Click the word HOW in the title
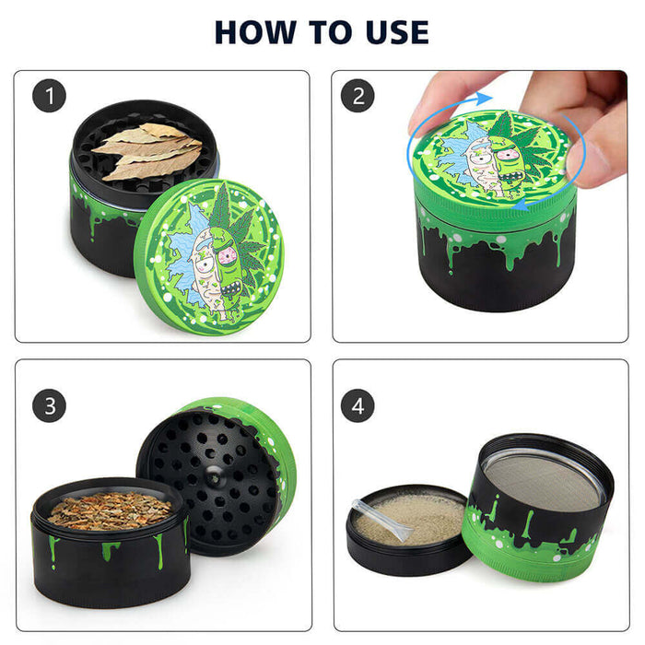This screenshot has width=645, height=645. pos(255,32)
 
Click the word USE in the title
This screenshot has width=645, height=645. pos(397,32)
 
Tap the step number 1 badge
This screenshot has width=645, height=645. pos(50,96)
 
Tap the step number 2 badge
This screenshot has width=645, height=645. pos(358,96)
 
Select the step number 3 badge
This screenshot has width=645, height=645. pos(50,405)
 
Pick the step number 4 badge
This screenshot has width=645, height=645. pos(358,405)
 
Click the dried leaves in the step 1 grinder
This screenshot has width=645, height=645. pos(148,150)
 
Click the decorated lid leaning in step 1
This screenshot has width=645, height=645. pos(209,257)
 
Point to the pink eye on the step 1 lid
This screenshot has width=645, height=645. pos(227,257)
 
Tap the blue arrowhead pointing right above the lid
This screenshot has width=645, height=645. pos(485,98)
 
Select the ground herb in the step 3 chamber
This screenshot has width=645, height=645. pos(110,510)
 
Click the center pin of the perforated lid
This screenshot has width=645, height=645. pos(215,477)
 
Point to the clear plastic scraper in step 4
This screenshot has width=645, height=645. pos(382,522)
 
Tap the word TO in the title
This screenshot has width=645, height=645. pos(330,32)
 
